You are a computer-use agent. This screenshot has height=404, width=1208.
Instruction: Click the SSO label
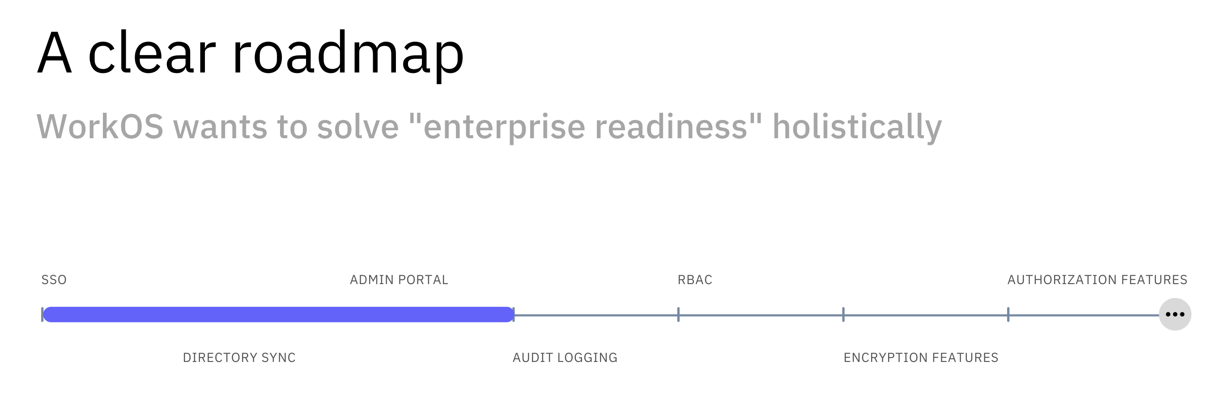point(54,280)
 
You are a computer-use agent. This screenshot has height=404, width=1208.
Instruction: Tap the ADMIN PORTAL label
point(399,280)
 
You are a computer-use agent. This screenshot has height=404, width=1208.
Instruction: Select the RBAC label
point(695,280)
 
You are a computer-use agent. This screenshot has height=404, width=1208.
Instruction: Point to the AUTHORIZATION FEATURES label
point(1097,280)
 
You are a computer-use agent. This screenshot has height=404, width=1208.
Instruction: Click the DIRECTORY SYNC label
point(239,357)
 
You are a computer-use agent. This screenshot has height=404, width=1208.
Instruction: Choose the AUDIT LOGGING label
point(565,357)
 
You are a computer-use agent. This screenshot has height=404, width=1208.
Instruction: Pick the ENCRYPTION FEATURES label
point(921,357)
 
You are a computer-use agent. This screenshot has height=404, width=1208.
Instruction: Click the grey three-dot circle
point(1175,315)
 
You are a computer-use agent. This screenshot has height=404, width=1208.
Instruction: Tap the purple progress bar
point(279,315)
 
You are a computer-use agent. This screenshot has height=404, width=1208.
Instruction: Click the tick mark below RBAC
point(679,315)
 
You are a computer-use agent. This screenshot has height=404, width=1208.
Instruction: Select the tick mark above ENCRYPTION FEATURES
point(843,315)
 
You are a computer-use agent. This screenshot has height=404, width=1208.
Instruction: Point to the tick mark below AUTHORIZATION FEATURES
point(1008,315)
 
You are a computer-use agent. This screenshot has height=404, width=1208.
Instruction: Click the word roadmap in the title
point(348,54)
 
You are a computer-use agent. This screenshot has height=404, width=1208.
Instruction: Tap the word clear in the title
point(152,54)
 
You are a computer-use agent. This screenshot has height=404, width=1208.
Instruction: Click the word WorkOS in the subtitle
point(100,127)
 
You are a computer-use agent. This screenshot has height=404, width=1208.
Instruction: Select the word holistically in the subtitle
point(857,127)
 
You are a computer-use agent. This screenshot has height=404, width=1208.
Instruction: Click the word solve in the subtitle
point(358,127)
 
